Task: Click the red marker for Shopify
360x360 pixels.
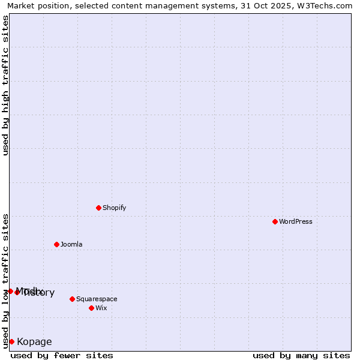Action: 98,208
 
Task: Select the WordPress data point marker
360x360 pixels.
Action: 275,221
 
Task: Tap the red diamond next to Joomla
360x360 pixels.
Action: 56,244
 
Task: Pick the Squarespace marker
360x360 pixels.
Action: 72,299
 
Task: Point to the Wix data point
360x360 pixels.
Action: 91,308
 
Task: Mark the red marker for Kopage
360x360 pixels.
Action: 11,341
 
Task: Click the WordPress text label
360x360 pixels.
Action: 296,221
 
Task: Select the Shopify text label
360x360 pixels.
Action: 115,208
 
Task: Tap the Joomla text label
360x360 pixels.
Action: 71,244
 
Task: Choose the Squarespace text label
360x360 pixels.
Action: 97,299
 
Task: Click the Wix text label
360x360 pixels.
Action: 101,308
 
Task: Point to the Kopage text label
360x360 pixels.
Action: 34,342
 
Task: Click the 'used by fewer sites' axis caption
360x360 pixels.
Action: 62,355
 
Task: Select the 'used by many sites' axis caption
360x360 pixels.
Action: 301,355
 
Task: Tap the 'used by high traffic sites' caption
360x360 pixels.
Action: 5,85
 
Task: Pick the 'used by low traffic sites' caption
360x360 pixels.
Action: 5,281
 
